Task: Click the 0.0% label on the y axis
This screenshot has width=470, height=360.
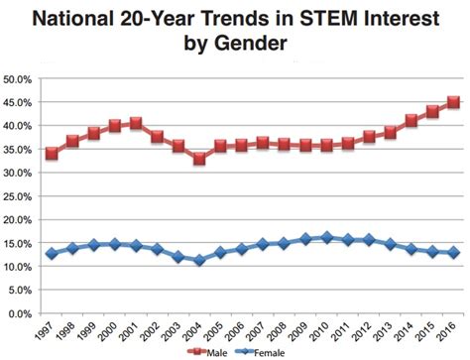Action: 23,314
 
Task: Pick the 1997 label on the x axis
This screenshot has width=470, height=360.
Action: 45,330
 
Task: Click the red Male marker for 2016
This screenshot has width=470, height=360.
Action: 453,102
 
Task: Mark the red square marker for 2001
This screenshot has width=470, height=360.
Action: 136,124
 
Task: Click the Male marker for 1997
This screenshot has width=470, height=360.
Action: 52,154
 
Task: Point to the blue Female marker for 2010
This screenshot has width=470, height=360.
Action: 326,238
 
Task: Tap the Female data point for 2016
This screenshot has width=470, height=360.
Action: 453,253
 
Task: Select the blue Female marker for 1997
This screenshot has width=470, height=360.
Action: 52,254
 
